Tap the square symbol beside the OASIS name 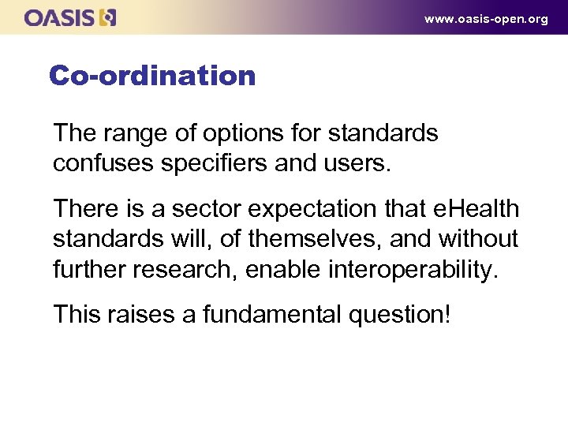[108, 17]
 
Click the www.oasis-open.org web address [485, 19]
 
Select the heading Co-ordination [152, 76]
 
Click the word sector [206, 209]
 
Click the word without [480, 238]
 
